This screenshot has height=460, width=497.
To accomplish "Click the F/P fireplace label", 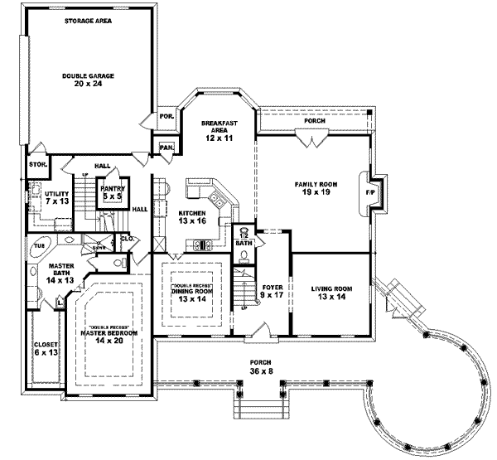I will coord(369,192).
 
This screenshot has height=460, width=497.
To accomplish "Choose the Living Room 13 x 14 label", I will coord(332,293).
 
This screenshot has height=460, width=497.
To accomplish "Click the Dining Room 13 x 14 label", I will coord(191,294).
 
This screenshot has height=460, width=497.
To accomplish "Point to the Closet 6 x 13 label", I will coord(45,348).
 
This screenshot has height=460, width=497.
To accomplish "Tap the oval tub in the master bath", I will coord(40,245).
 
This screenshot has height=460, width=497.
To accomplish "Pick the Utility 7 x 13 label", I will coord(56,196).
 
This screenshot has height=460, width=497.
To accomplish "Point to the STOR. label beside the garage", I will coord(37,164).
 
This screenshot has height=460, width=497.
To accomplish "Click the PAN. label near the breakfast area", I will coord(166,148).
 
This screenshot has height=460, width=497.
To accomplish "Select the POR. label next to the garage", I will coord(166,117).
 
